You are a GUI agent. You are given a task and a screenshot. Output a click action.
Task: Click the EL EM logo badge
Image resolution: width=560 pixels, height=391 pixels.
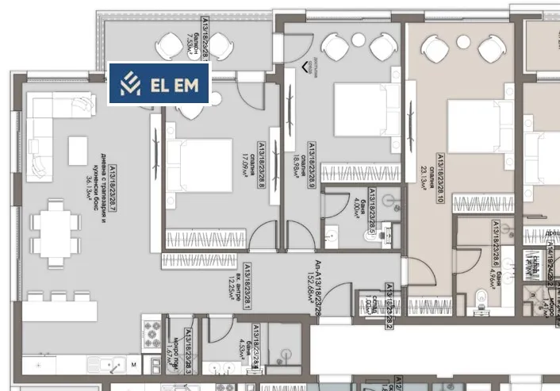(159, 84)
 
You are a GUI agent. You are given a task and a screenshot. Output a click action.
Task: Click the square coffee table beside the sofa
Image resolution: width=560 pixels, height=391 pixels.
(79, 150)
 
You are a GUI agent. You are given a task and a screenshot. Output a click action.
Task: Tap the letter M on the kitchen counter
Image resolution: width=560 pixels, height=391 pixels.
(133, 366)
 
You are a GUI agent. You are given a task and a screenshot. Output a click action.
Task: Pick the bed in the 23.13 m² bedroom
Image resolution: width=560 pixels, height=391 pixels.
(477, 127)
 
